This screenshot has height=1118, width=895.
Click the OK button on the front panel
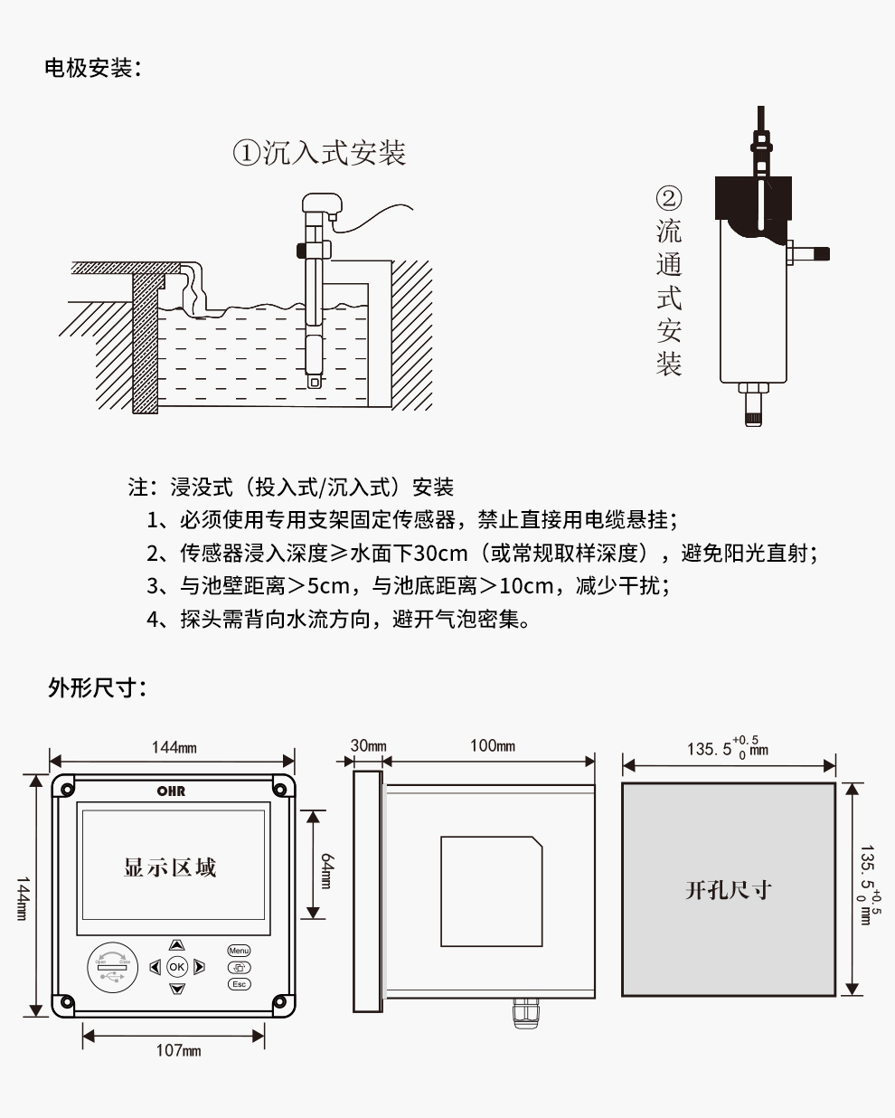point(176,967)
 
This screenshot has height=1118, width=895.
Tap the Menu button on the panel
point(239,951)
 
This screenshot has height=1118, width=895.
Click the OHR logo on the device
point(171,791)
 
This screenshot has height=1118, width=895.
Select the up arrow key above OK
point(176,945)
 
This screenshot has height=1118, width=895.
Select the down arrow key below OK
point(176,989)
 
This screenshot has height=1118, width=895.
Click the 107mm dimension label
point(178,1050)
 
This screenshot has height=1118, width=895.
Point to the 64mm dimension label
point(326,870)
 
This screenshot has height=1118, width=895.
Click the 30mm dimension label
point(368,746)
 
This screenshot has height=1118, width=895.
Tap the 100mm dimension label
point(492,746)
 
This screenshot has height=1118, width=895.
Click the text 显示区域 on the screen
point(170,867)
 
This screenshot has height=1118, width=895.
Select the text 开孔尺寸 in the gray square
point(728,890)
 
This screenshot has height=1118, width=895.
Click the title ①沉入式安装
point(320,153)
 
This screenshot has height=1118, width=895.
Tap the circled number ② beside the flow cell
point(668,198)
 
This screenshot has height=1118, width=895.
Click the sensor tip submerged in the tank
point(314,380)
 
